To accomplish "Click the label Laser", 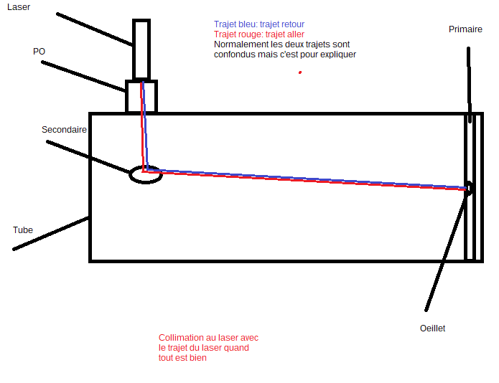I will click(x=18, y=6).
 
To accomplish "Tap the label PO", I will click(x=39, y=52).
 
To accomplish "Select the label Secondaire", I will click(x=64, y=130).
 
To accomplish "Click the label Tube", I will click(x=23, y=230).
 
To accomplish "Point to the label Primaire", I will click(x=465, y=29).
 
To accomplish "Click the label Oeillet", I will click(x=432, y=328).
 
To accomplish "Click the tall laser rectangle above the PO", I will click(x=141, y=49).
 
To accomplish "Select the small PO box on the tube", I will click(x=141, y=97).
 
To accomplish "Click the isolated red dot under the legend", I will click(x=299, y=72).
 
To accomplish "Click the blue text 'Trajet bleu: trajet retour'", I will click(x=258, y=24).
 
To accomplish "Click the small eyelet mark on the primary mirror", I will click(x=468, y=189).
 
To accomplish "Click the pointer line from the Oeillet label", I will click(x=447, y=251).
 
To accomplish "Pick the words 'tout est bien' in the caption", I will click(x=182, y=358).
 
